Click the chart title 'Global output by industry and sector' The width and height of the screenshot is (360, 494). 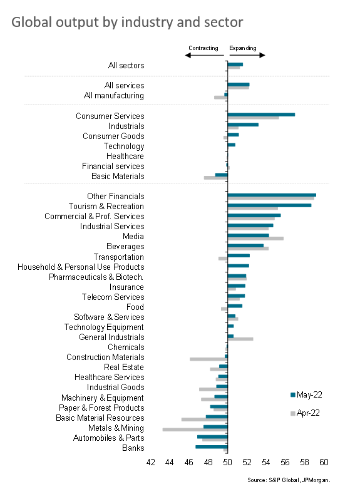coord(127,23)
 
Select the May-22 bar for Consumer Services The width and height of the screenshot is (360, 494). coord(261,115)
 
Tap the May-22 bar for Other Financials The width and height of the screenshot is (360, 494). coord(272,195)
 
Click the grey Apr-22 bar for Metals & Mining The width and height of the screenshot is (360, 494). coord(195,430)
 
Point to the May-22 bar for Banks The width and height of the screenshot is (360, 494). coord(212,447)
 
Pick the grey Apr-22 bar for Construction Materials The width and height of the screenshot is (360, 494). coord(208,359)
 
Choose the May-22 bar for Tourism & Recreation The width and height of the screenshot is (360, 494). coord(269,205)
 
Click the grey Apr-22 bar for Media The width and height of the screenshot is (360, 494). coord(255,239)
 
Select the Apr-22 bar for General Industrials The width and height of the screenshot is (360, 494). coord(240,339)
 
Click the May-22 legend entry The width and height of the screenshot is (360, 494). coord(306,394)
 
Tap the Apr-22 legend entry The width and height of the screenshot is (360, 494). coord(305,413)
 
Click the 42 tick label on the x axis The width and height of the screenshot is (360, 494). coord(150,462)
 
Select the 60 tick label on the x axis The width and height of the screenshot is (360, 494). coord(324,462)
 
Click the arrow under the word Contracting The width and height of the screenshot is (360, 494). coord(204,56)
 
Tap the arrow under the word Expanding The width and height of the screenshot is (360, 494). coord(247,56)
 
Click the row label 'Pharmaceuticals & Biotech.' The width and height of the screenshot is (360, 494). coord(96,277)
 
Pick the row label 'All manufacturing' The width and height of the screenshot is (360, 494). coord(114,95)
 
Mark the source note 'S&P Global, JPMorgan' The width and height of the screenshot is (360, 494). coord(299,480)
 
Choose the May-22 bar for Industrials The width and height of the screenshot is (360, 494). coord(243,125)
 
